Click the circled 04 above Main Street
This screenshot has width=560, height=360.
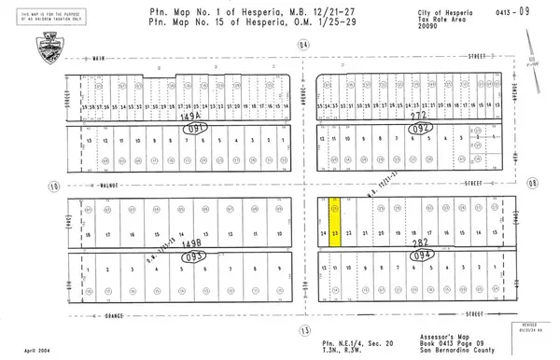click(x=302, y=44)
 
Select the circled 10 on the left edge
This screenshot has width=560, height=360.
click(x=55, y=187)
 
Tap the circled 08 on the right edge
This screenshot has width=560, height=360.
click(x=534, y=185)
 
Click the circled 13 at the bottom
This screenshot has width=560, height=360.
click(x=302, y=330)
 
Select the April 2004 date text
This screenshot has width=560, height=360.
click(x=24, y=346)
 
